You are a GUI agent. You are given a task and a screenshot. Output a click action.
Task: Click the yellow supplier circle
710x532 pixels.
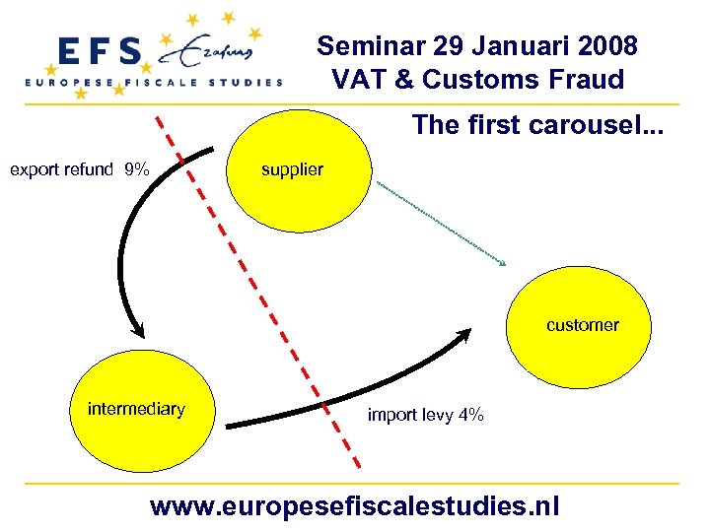tap(301, 169)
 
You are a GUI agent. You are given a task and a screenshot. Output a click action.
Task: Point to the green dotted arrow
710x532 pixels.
tap(442, 223)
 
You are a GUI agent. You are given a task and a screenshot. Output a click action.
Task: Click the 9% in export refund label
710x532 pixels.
tap(137, 169)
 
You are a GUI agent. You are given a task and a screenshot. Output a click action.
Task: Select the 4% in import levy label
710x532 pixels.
tap(470, 415)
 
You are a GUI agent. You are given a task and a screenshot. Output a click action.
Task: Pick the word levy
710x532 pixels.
tap(437, 415)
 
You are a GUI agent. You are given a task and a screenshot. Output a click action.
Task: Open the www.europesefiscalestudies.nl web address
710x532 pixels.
tap(354, 506)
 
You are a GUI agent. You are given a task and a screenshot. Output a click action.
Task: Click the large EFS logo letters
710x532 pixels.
tap(100, 52)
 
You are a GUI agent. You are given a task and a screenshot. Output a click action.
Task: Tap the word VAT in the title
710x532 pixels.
tap(359, 79)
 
